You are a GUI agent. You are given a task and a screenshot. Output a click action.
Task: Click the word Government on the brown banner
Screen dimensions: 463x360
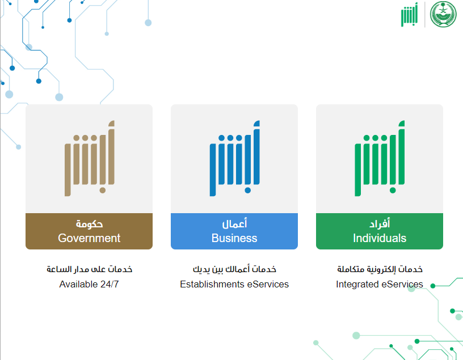click(x=89, y=238)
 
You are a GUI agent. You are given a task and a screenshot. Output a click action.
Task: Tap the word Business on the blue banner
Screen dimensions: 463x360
click(x=234, y=238)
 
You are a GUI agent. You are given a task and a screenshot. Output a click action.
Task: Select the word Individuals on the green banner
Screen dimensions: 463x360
click(x=380, y=238)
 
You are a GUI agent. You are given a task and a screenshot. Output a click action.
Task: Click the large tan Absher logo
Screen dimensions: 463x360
click(x=90, y=158)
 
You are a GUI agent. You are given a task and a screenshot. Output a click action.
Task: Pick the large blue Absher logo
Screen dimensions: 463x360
click(x=235, y=158)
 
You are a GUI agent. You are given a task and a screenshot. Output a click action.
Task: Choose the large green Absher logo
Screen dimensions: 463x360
click(x=380, y=158)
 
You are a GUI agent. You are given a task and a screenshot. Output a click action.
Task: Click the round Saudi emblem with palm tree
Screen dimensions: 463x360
click(x=443, y=14)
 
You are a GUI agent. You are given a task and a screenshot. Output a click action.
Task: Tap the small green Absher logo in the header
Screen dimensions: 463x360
click(x=409, y=15)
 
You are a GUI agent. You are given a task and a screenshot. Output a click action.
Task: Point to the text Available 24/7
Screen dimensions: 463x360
click(x=89, y=284)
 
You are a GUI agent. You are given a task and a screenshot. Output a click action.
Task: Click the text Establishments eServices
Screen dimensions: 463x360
click(x=234, y=284)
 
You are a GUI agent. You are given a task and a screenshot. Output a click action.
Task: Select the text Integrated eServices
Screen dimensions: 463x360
click(x=380, y=284)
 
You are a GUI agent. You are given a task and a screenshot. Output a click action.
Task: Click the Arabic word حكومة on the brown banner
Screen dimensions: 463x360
click(x=89, y=224)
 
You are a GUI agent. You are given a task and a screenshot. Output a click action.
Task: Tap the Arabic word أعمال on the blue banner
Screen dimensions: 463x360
click(x=234, y=223)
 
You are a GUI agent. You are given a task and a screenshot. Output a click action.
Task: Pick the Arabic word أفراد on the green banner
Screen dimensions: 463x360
click(x=380, y=223)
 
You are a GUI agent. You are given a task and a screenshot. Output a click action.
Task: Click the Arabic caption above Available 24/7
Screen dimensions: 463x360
click(x=89, y=269)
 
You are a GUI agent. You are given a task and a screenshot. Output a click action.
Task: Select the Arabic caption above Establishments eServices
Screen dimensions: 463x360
click(x=234, y=269)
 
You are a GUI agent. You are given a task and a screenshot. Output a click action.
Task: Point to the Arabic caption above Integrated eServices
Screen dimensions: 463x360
click(x=380, y=269)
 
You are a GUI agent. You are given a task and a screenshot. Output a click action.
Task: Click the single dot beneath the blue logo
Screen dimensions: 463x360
click(x=248, y=190)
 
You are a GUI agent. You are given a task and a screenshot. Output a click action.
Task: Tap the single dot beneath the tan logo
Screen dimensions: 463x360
click(x=103, y=190)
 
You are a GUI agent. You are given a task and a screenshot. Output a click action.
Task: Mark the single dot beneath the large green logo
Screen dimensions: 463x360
click(x=393, y=190)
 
